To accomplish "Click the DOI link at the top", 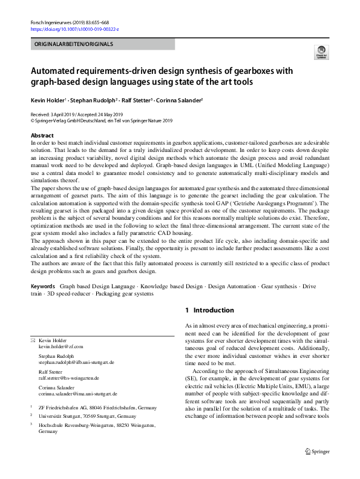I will coord(74,28).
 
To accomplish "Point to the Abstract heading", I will coord(42,136).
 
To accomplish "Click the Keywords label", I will coord(43,285).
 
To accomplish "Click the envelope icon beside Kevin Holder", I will coord(33,340).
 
